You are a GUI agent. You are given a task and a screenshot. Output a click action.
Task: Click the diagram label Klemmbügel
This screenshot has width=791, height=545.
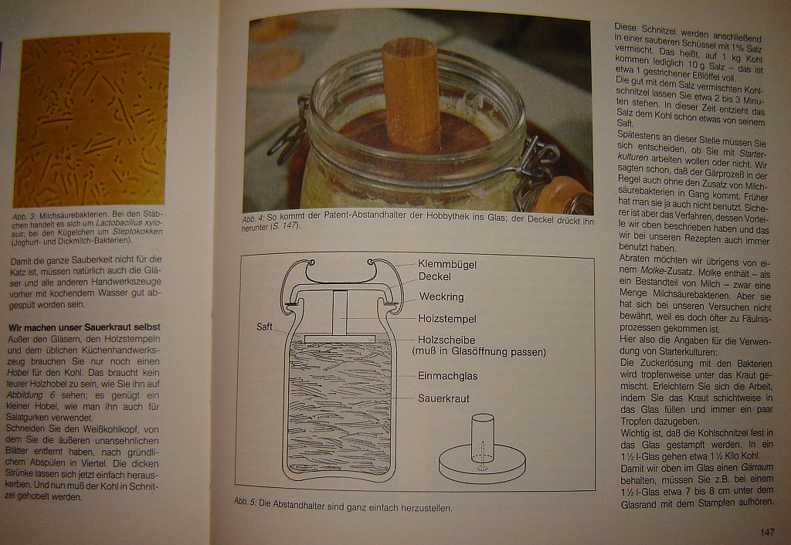tap(446, 264)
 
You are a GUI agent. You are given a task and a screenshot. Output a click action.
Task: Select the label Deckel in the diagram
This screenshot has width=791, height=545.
tap(434, 276)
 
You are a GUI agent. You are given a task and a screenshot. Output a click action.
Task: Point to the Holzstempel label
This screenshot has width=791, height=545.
tap(447, 319)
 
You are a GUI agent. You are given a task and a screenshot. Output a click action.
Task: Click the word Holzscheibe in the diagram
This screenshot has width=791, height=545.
tap(446, 340)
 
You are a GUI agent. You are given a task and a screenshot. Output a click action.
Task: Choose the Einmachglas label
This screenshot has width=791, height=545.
tap(447, 376)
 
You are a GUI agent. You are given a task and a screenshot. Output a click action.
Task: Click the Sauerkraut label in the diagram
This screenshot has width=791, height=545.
tap(443, 399)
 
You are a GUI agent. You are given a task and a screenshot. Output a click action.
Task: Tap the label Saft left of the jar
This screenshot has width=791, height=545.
tap(265, 327)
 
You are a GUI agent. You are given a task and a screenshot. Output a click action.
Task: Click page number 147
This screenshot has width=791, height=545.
tap(766, 532)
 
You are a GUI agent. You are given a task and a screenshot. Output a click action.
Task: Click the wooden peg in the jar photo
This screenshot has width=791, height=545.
tap(412, 93)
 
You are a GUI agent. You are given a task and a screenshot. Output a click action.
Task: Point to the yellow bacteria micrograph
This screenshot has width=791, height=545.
tap(92, 120)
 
